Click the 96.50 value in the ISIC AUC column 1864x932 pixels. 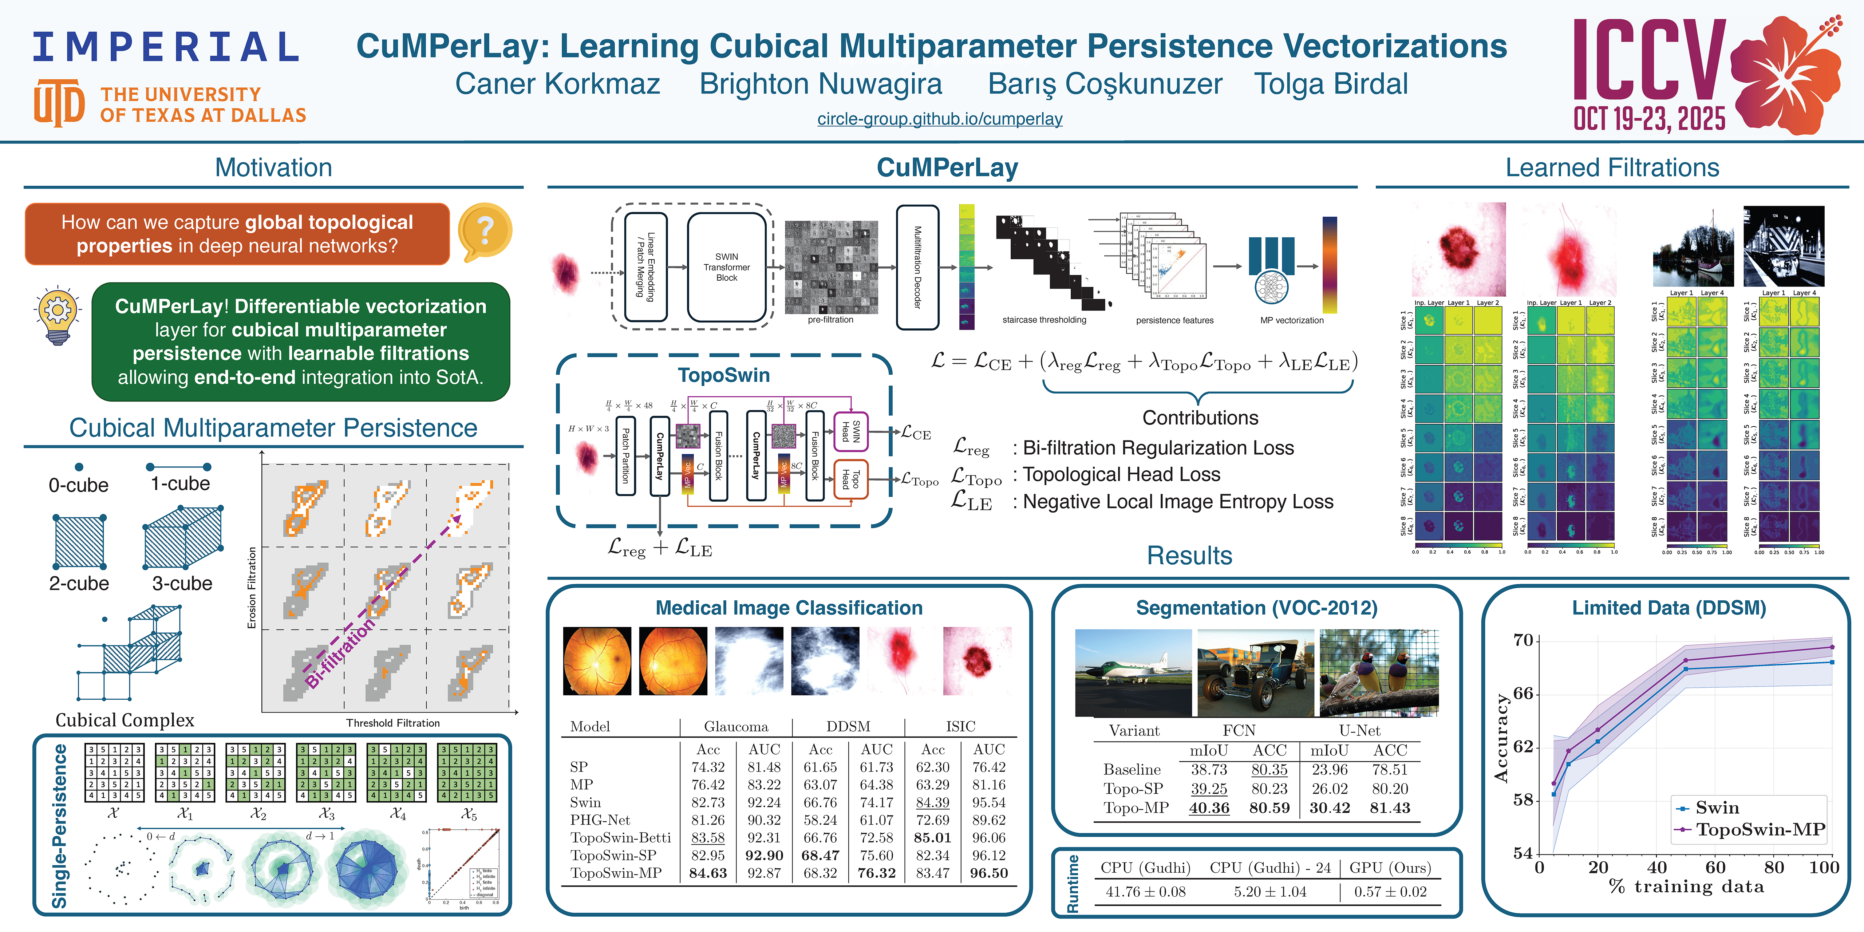(x=988, y=873)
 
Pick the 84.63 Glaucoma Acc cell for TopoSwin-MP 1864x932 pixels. (x=708, y=873)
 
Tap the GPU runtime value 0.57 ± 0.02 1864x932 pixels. (x=1390, y=892)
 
